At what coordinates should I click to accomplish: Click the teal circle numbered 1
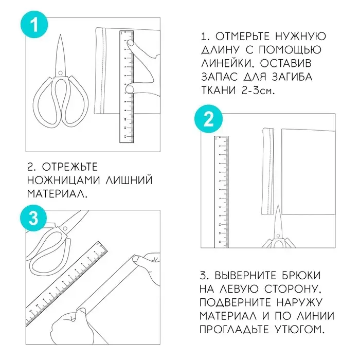click(33, 25)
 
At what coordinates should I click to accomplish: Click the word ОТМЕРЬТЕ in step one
click(240, 38)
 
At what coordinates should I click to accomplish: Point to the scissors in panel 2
click(277, 231)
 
